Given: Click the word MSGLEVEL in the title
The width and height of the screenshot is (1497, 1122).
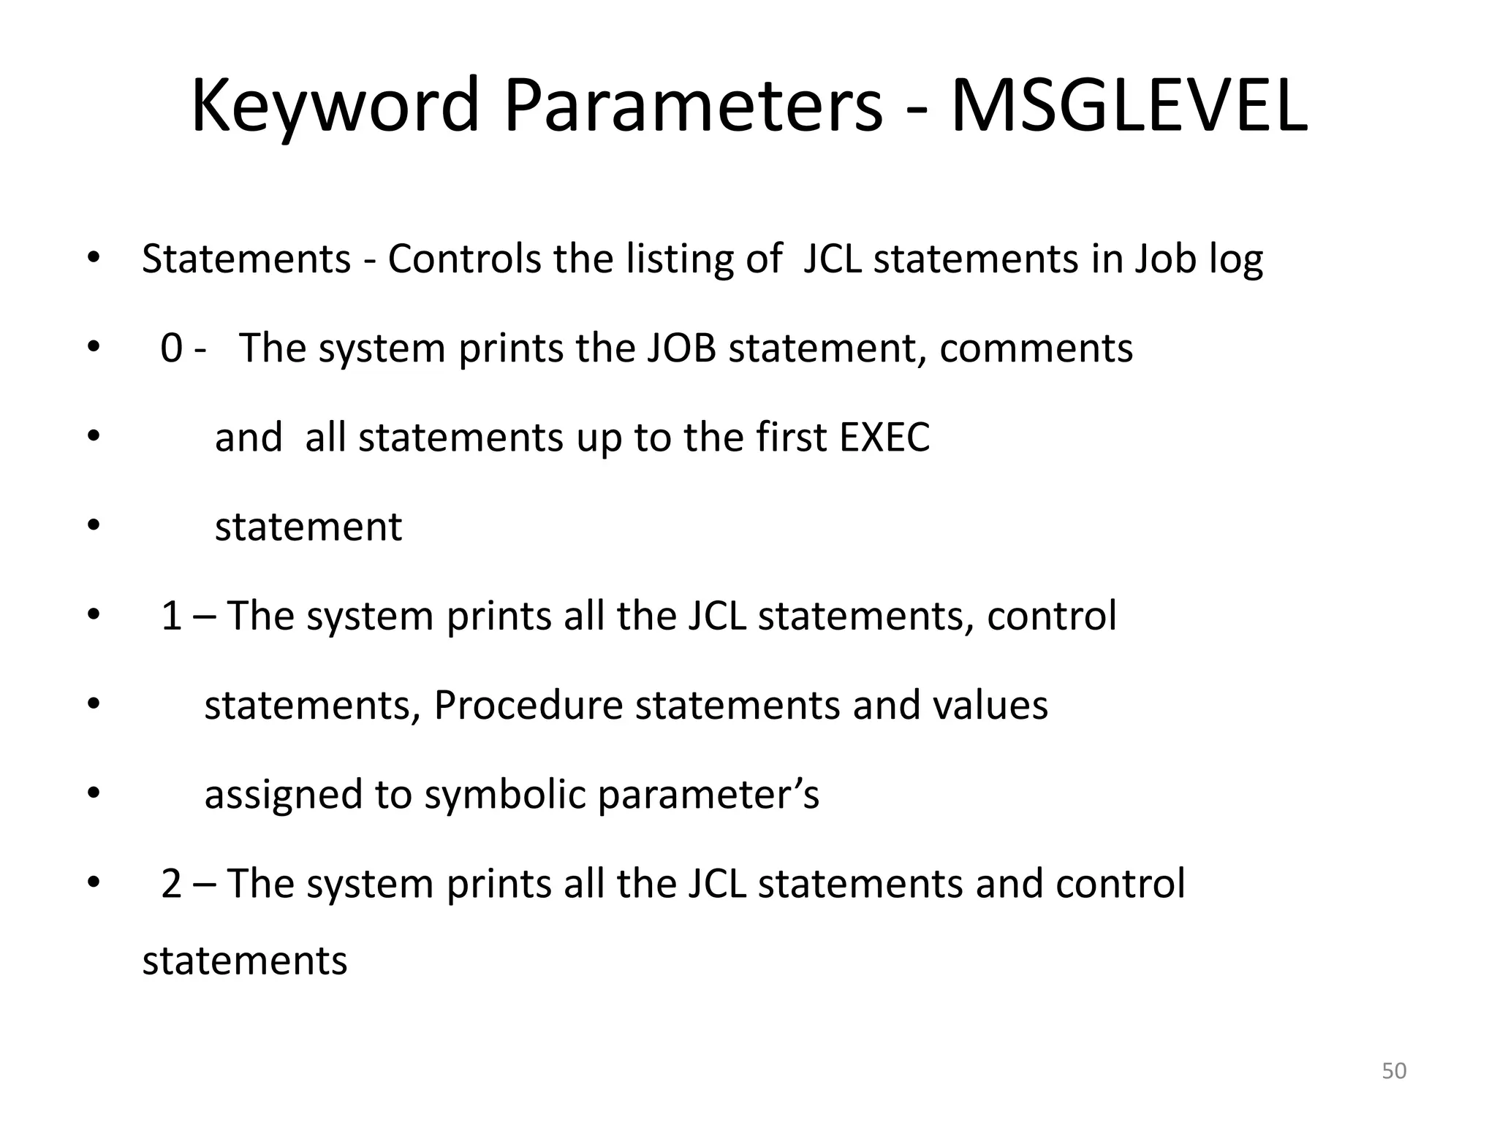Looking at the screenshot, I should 1129,107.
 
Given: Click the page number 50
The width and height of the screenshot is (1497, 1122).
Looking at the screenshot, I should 1394,1071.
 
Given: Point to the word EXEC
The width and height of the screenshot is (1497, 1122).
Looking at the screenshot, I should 884,438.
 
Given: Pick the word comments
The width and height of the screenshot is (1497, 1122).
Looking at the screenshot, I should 1036,348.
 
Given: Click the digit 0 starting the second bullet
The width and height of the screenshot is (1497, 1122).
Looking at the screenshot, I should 171,348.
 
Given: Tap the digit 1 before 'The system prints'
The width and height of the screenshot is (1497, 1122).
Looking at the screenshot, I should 171,616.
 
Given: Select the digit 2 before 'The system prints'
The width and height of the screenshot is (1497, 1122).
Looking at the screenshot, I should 171,884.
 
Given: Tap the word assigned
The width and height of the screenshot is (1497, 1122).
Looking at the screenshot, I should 283,795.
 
